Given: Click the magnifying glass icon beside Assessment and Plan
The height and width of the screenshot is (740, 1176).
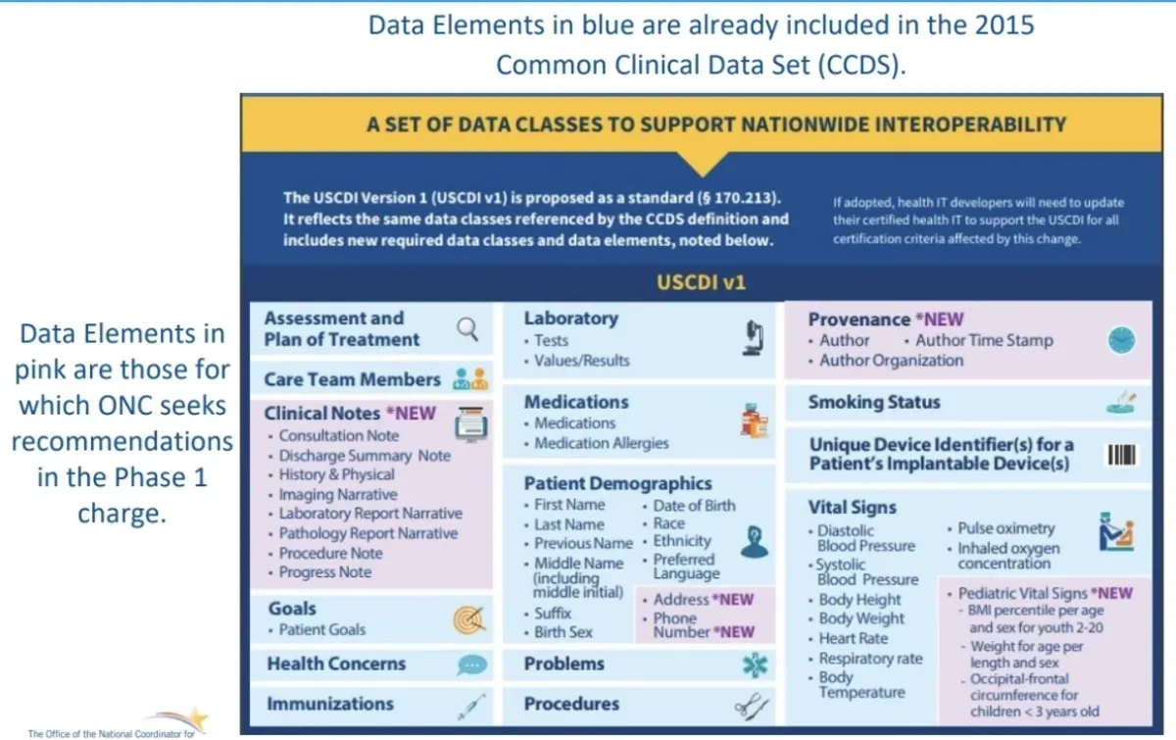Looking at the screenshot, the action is click(467, 329).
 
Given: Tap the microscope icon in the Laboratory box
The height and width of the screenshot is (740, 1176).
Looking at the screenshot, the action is click(754, 338).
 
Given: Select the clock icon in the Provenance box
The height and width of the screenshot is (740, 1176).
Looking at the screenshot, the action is click(1121, 340).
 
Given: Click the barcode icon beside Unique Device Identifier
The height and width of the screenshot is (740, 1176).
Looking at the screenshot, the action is click(1122, 455).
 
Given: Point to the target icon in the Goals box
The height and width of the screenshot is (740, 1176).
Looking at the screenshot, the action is click(468, 619).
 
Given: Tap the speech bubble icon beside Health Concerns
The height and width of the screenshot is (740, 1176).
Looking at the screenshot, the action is click(471, 665).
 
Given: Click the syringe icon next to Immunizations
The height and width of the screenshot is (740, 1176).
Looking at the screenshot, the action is click(471, 707).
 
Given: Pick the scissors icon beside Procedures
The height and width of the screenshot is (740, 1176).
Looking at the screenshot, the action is click(752, 706).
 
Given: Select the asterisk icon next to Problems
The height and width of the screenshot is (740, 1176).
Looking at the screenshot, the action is click(755, 665).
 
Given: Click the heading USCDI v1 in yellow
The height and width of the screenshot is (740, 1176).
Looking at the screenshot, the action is click(701, 282).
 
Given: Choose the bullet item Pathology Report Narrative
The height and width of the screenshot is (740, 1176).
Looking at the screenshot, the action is click(368, 533).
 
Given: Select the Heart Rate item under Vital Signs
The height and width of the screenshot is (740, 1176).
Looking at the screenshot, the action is click(854, 638).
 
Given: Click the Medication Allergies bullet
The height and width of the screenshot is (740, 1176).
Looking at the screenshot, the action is click(601, 443).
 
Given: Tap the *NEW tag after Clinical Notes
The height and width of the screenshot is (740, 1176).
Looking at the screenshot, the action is click(411, 414).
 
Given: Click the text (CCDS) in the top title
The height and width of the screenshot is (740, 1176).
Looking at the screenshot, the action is click(861, 65).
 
